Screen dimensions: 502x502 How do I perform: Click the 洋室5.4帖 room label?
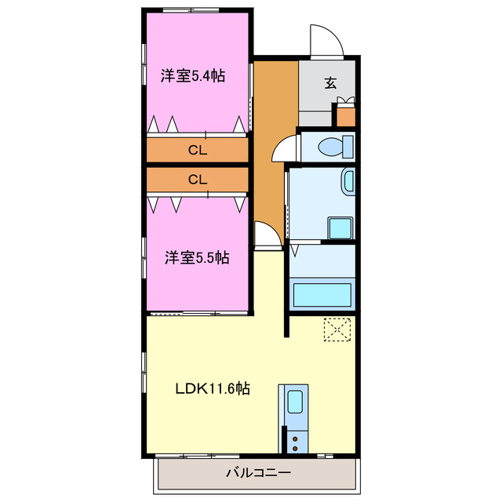pos(193,76)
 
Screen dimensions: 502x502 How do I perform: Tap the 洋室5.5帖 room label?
pos(196,257)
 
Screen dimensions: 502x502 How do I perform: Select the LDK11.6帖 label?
pos(212,388)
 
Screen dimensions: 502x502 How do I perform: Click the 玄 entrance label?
pos(331,82)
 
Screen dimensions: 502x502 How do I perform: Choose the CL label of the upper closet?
pos(197,149)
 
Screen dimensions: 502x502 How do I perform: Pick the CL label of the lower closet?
pos(197,179)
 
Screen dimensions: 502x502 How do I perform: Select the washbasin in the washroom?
pos(347,183)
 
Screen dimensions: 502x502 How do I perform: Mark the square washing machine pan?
pos(340,227)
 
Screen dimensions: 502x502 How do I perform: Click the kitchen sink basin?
pos(294,402)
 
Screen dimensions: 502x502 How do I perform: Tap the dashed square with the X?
pos(337,330)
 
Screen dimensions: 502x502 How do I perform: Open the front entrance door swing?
pos(326,41)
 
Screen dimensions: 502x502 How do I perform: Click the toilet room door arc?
pos(284,149)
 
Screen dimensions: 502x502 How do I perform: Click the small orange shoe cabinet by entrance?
pos(345,116)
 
